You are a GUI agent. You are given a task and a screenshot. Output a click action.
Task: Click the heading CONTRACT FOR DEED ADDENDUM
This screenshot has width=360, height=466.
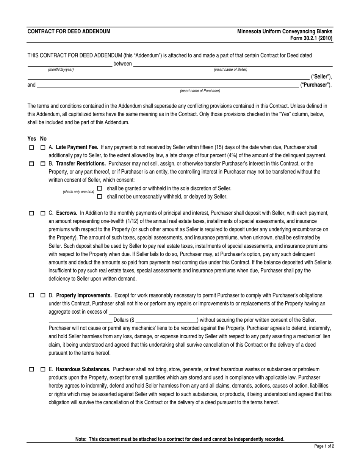click(x=69, y=31)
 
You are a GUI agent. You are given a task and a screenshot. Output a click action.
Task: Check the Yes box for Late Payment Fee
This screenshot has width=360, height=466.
click(x=31, y=147)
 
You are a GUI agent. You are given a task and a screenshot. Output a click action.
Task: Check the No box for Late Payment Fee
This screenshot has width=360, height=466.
click(x=43, y=147)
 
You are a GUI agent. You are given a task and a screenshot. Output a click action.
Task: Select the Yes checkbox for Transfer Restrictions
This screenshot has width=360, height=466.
click(x=31, y=164)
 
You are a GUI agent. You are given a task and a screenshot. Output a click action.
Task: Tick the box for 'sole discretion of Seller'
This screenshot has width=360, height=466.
click(x=100, y=188)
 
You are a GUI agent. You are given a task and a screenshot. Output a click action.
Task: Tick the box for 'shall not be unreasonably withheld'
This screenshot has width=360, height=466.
click(x=100, y=197)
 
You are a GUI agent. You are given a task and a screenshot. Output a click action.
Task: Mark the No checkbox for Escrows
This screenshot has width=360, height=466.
click(x=43, y=213)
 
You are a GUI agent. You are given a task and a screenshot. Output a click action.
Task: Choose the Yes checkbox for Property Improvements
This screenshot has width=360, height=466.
click(x=31, y=295)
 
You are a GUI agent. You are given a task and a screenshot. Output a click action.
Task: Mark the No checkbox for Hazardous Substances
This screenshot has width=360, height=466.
click(x=43, y=369)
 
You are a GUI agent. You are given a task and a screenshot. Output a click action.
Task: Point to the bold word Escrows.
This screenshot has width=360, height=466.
click(x=67, y=213)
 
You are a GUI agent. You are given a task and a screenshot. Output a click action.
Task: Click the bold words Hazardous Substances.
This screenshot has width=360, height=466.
click(x=83, y=369)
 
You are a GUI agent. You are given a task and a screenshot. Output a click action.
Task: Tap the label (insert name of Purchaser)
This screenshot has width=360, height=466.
click(x=200, y=91)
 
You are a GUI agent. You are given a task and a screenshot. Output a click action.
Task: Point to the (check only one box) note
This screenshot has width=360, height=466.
click(x=78, y=192)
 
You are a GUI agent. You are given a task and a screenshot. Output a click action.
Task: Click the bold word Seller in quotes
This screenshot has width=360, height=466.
click(x=321, y=77)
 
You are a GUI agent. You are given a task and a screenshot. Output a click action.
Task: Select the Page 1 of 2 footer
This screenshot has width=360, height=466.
click(x=324, y=446)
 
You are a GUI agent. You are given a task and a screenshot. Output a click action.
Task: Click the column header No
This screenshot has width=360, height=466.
click(x=43, y=139)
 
